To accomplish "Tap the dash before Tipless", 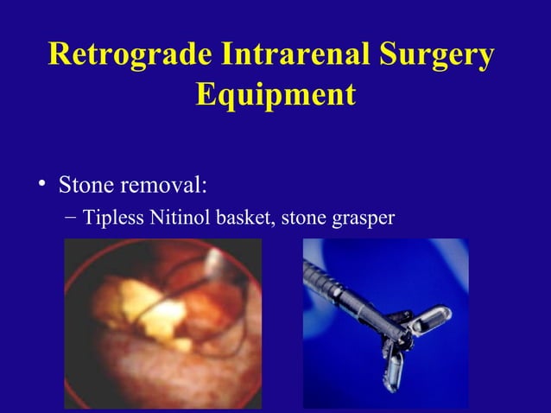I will (x=71, y=217).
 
